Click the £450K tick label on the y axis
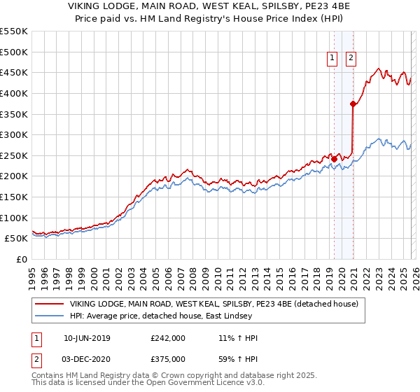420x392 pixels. (x=14, y=72)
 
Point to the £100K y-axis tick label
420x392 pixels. (x=14, y=218)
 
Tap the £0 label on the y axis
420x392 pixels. (x=21, y=259)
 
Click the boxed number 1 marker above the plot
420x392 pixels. (x=331, y=59)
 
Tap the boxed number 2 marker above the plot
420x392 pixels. (x=350, y=59)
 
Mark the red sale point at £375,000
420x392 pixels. (x=353, y=104)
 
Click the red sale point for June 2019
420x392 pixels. (x=335, y=159)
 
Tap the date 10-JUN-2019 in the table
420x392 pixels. (x=87, y=338)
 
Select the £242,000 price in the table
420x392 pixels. (x=168, y=338)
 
